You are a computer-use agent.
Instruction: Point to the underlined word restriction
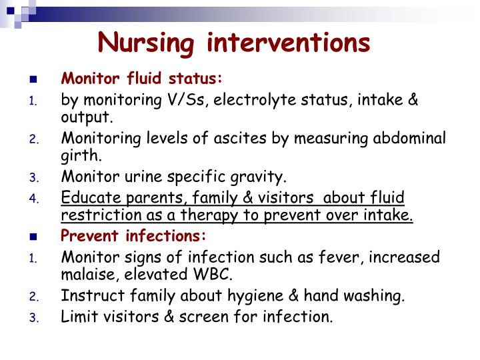[97, 215]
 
